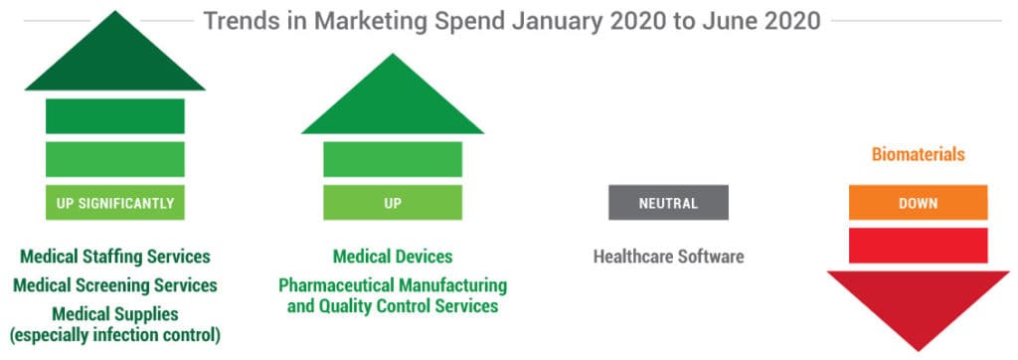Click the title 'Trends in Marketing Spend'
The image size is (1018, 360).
[x=512, y=20]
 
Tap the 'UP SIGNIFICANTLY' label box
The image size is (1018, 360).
[x=115, y=204]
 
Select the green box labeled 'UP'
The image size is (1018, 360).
[x=393, y=204]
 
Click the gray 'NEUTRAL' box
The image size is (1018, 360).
[x=668, y=204]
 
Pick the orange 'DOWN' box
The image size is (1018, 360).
[x=918, y=204]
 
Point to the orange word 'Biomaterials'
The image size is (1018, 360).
[x=918, y=155]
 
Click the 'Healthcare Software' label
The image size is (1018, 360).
[x=668, y=257]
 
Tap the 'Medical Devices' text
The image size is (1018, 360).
[x=393, y=257]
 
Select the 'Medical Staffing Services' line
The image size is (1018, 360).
[x=115, y=257]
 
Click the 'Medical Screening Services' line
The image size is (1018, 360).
[x=115, y=285]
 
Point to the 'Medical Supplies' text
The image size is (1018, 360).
[x=115, y=313]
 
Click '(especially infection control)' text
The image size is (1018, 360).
[x=115, y=335]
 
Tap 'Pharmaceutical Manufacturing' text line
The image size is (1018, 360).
[x=393, y=285]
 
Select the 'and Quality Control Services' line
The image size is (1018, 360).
[x=393, y=306]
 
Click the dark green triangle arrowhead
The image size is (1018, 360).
[x=115, y=60]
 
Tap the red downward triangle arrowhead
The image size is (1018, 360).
[x=918, y=303]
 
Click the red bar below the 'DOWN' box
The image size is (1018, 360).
[x=918, y=245]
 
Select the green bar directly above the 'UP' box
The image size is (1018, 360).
[x=393, y=159]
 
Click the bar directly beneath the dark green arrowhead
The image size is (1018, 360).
[x=115, y=115]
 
